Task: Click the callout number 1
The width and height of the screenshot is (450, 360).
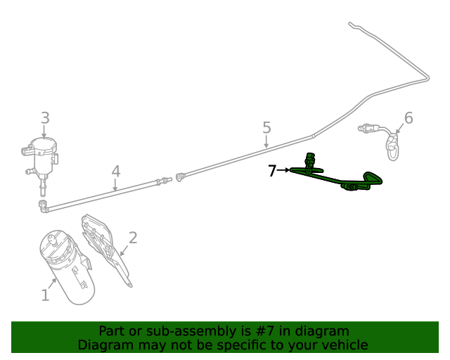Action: click(45, 295)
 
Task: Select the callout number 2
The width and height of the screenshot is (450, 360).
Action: click(132, 238)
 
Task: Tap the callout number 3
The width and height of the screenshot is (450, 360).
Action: click(45, 118)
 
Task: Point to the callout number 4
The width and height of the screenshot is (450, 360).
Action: click(116, 172)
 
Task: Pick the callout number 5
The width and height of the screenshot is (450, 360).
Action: click(266, 127)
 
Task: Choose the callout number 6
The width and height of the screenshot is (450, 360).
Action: click(409, 118)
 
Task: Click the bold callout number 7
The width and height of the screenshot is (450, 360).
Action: click(273, 170)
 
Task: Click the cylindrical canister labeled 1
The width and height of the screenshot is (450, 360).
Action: click(67, 267)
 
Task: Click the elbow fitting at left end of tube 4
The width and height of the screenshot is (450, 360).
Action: click(43, 205)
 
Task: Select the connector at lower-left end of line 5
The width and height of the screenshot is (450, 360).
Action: click(181, 176)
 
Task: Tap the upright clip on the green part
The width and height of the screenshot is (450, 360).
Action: click(310, 161)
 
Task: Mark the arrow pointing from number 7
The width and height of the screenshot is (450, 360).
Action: click(284, 170)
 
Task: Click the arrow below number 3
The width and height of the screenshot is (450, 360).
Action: click(45, 132)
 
